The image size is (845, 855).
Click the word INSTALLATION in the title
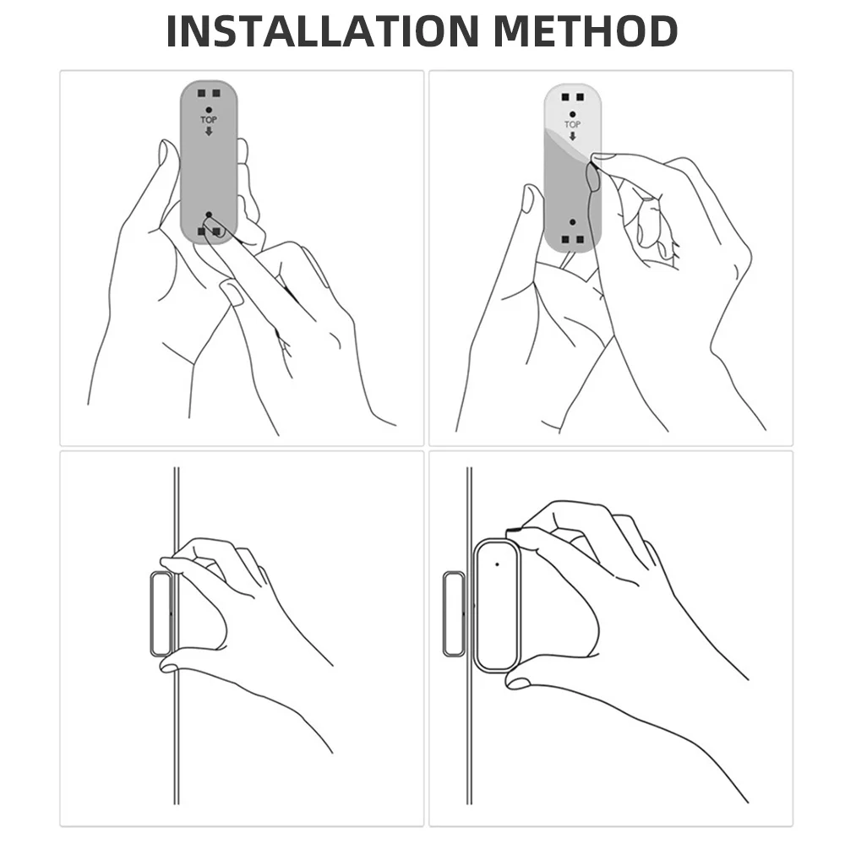pyautogui.click(x=323, y=31)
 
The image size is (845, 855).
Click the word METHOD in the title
pyautogui.click(x=586, y=31)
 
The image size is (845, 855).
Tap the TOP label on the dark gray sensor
pyautogui.click(x=209, y=119)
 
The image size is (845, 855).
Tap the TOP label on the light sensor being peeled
pyautogui.click(x=572, y=124)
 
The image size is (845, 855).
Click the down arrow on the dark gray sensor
pyautogui.click(x=209, y=131)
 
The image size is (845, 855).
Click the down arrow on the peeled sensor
pyautogui.click(x=572, y=136)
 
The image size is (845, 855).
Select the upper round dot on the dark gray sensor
pyautogui.click(x=209, y=110)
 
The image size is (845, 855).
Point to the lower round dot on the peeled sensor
pyautogui.click(x=572, y=222)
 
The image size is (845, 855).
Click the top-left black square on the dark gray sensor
pyautogui.click(x=201, y=93)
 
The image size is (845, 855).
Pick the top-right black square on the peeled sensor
pyautogui.click(x=580, y=97)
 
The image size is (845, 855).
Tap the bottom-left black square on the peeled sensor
pyautogui.click(x=565, y=239)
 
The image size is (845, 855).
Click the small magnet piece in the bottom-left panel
pyautogui.click(x=161, y=613)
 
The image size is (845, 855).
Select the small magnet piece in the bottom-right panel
pyautogui.click(x=453, y=613)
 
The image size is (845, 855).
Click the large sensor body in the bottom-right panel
pyautogui.click(x=496, y=605)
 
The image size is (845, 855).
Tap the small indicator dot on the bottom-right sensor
pyautogui.click(x=497, y=564)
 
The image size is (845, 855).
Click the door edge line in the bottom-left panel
pyautogui.click(x=177, y=635)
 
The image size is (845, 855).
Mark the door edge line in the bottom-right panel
pyautogui.click(x=469, y=635)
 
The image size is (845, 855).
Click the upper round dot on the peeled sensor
pyautogui.click(x=572, y=115)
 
